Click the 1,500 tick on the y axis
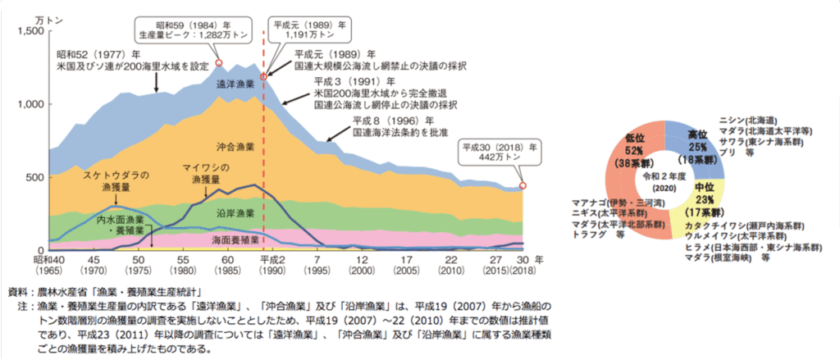tap(30, 30)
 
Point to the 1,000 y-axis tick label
tap(30, 104)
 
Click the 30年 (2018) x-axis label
tap(522, 262)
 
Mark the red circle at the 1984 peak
tap(219, 62)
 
